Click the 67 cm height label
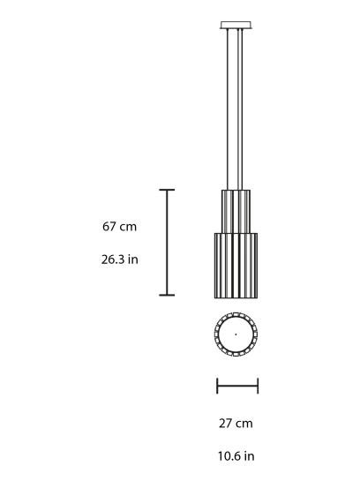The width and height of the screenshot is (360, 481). [119, 227]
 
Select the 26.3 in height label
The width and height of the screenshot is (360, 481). [119, 260]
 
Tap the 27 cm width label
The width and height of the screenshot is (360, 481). [236, 424]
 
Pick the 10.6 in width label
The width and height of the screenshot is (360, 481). [236, 456]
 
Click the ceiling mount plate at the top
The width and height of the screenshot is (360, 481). [236, 25]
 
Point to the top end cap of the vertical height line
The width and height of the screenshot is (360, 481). [166, 190]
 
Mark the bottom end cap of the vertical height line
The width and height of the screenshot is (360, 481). [166, 295]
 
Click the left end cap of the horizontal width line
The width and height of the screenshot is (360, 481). [217, 386]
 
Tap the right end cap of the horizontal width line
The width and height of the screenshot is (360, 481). [258, 386]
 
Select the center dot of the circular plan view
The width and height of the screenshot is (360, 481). [236, 334]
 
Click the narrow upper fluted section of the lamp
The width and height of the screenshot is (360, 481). [236, 210]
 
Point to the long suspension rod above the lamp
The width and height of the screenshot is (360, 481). [236, 106]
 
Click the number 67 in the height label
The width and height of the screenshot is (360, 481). [109, 227]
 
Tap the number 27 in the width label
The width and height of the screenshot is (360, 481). [226, 424]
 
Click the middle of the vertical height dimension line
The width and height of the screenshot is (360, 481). [166, 243]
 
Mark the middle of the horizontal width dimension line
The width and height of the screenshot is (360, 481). [237, 386]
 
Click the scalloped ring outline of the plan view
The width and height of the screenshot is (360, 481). [217, 334]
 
